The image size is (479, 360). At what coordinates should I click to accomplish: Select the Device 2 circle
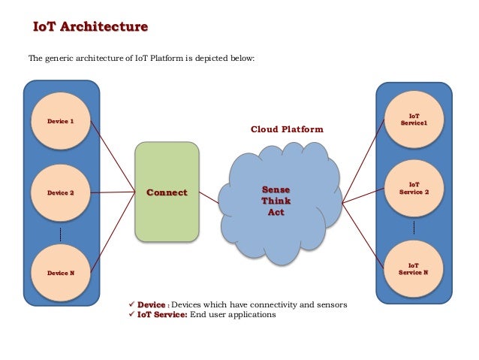pos(61,193)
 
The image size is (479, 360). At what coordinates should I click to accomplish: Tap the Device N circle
pos(61,273)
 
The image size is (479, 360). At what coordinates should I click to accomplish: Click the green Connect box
pos(167,193)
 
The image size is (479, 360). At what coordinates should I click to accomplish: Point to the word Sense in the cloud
pos(276,189)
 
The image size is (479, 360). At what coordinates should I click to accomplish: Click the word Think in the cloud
pos(276,201)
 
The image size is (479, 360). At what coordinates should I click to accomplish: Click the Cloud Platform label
pos(287,129)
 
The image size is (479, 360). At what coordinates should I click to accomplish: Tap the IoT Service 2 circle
pos(414,187)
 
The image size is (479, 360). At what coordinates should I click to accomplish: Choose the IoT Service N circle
pos(414,269)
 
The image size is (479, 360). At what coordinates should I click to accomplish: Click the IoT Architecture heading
pos(91,28)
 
